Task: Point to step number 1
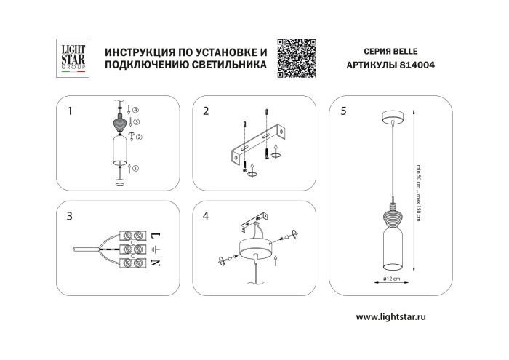(x=69, y=111)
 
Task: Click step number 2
(x=206, y=111)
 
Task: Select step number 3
(x=69, y=216)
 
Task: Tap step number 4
(x=206, y=216)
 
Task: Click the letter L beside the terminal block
(x=156, y=235)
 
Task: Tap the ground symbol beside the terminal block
(x=155, y=249)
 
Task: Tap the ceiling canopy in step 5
(x=392, y=118)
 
